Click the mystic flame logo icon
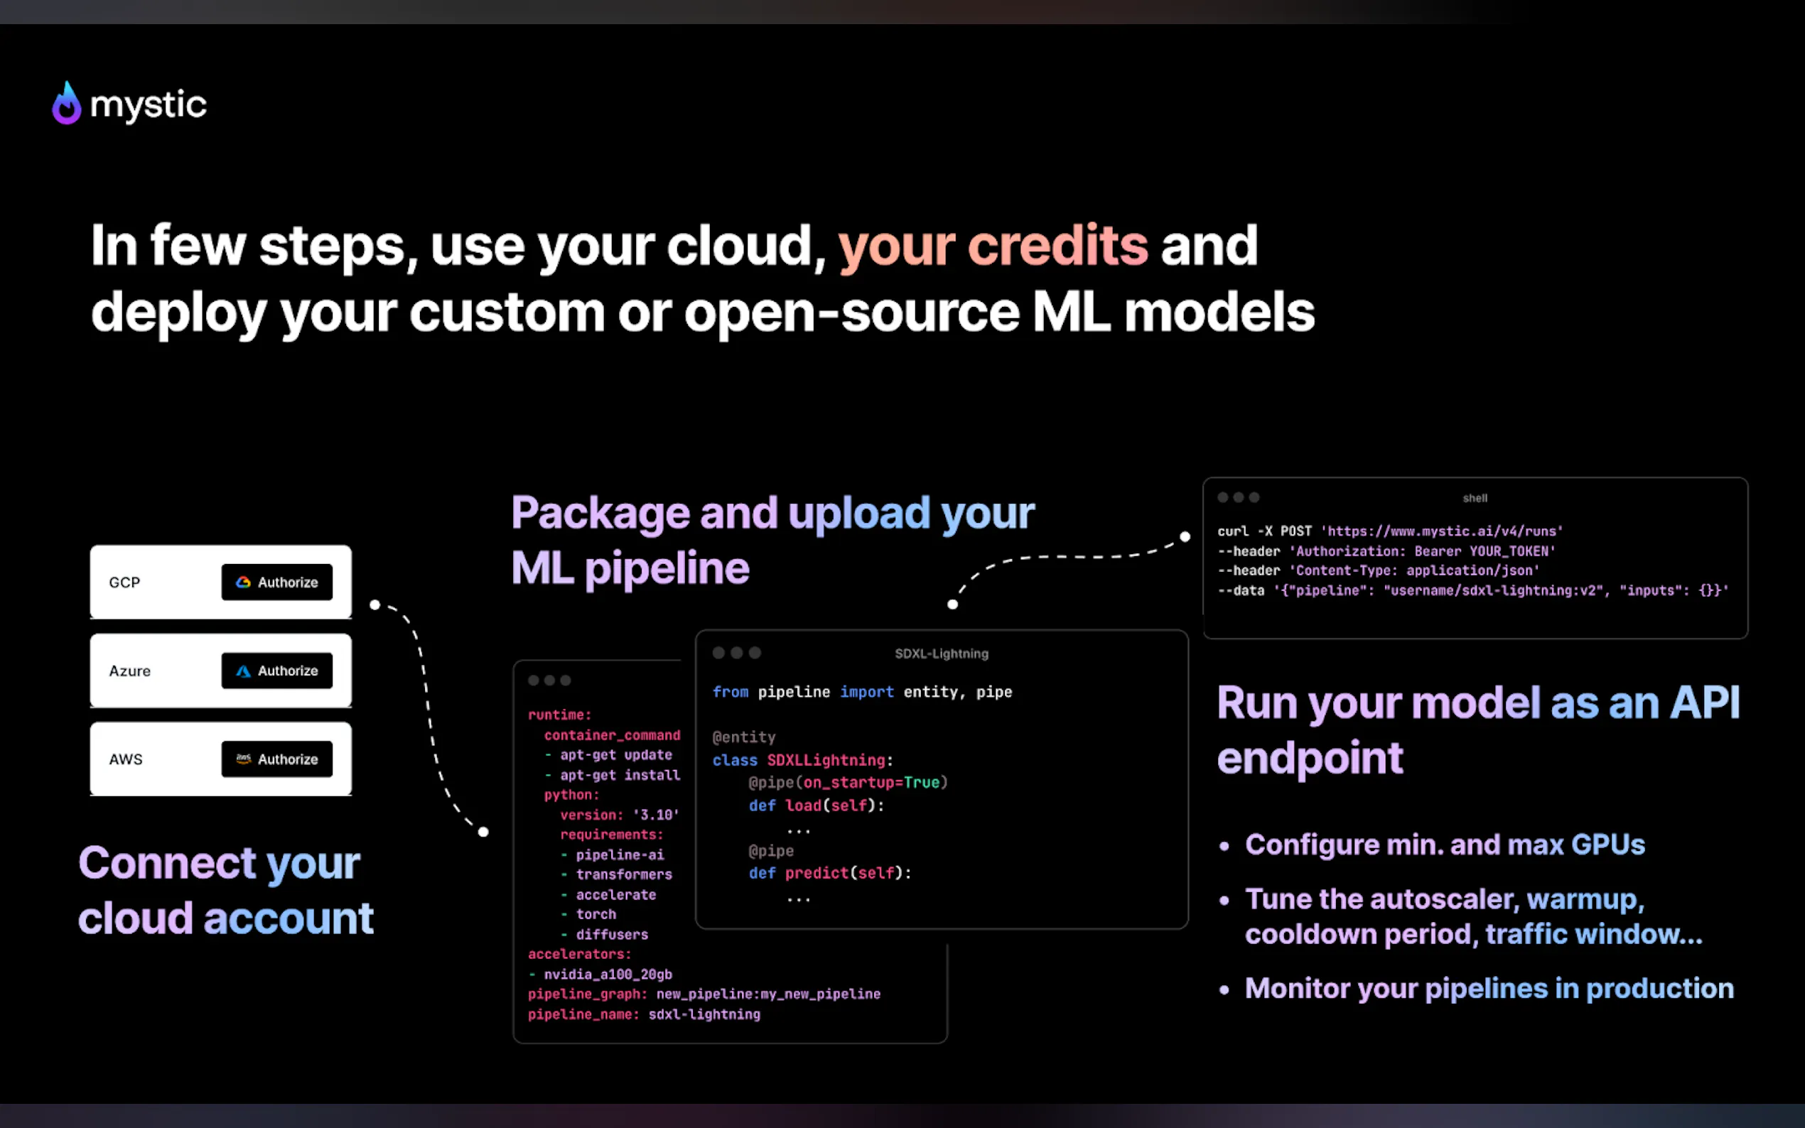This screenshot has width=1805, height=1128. tap(66, 104)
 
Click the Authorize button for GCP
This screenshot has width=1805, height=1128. tap(277, 582)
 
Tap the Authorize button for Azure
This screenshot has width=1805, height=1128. tap(277, 671)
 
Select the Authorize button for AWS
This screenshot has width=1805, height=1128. tap(277, 759)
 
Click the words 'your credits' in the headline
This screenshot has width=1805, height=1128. tap(993, 246)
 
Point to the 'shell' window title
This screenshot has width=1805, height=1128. tap(1475, 499)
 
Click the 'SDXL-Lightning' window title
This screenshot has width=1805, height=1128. tap(941, 654)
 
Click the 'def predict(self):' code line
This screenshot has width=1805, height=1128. tap(830, 873)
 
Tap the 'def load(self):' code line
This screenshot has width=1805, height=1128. tap(817, 806)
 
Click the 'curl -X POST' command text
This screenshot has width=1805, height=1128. tap(1264, 531)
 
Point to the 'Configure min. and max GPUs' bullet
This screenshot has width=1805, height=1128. tap(1445, 845)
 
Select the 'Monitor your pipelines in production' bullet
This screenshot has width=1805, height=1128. tap(1489, 989)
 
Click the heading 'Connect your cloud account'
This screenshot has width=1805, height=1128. tap(225, 890)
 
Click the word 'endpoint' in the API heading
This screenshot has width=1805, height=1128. tap(1310, 758)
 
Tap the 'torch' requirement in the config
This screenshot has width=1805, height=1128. tap(596, 914)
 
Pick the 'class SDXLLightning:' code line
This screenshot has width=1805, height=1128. tap(802, 760)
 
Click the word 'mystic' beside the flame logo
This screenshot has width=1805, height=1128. tap(148, 104)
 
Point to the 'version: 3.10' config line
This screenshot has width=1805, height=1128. tap(620, 815)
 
